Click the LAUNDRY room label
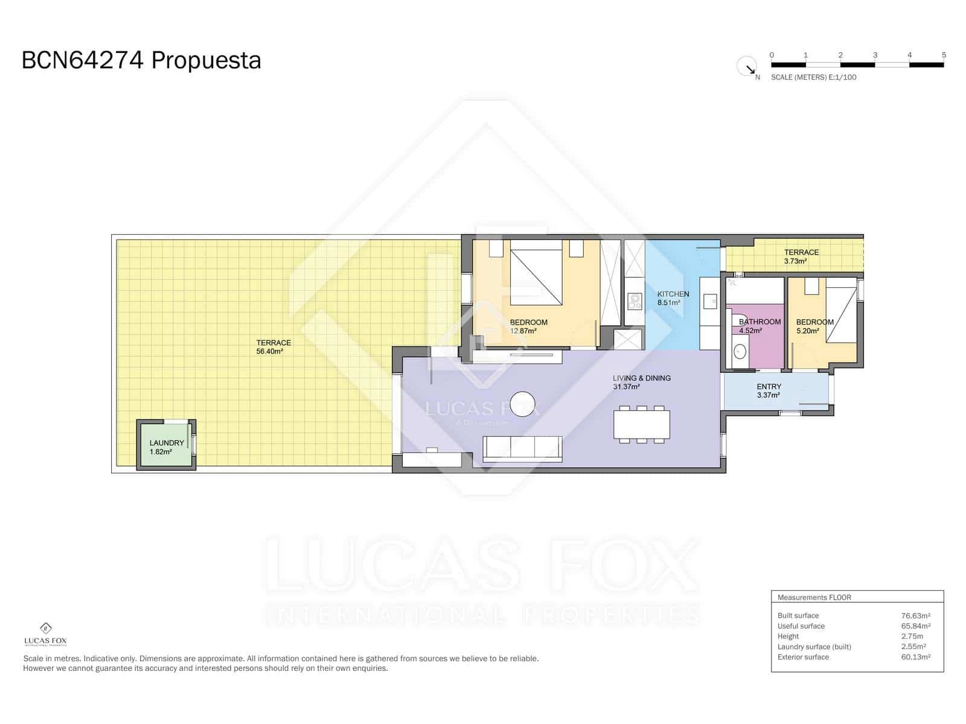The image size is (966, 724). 167,443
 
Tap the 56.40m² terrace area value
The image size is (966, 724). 269,351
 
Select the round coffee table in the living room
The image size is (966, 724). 522,404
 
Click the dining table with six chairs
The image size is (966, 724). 641,424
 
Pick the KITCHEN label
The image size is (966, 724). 673,294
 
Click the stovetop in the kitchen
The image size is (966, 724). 634,300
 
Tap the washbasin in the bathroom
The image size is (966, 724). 739,351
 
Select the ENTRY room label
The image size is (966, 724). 769,387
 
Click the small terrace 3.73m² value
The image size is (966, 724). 795,261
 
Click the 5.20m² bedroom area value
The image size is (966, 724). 807,331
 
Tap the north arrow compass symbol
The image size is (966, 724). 747,66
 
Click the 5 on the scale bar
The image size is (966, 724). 944,55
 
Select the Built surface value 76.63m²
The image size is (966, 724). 915,615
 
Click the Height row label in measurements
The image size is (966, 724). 788,636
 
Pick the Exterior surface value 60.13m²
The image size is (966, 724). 915,657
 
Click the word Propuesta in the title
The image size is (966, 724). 206,61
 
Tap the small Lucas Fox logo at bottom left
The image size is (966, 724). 45,633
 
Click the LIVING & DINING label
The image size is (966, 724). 641,378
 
